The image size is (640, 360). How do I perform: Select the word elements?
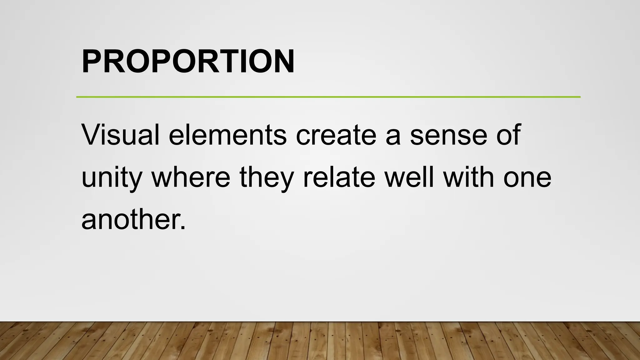[227, 135]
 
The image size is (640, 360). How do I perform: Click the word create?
[336, 135]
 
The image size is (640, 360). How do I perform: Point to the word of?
[508, 135]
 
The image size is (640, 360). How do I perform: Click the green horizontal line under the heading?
[328, 97]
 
